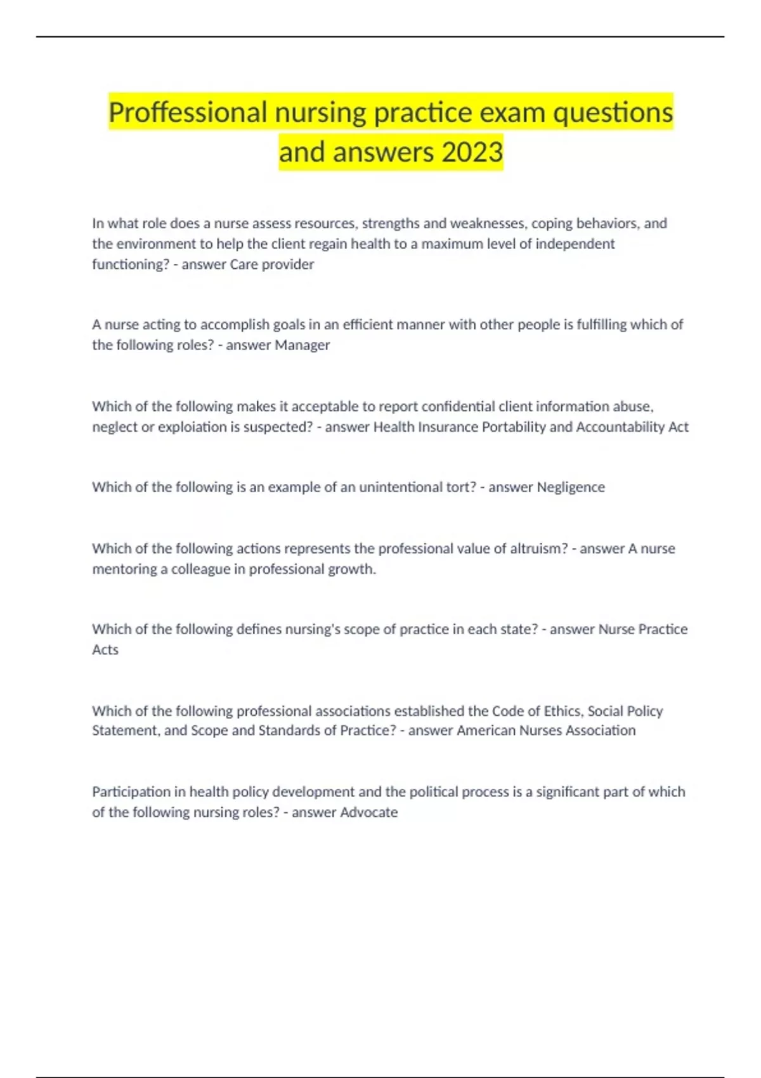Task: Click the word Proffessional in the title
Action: [x=188, y=113]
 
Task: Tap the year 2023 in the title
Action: [x=472, y=152]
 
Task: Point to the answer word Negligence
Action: [x=571, y=487]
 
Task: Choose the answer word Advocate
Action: [x=369, y=812]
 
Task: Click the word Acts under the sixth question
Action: [x=105, y=650]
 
